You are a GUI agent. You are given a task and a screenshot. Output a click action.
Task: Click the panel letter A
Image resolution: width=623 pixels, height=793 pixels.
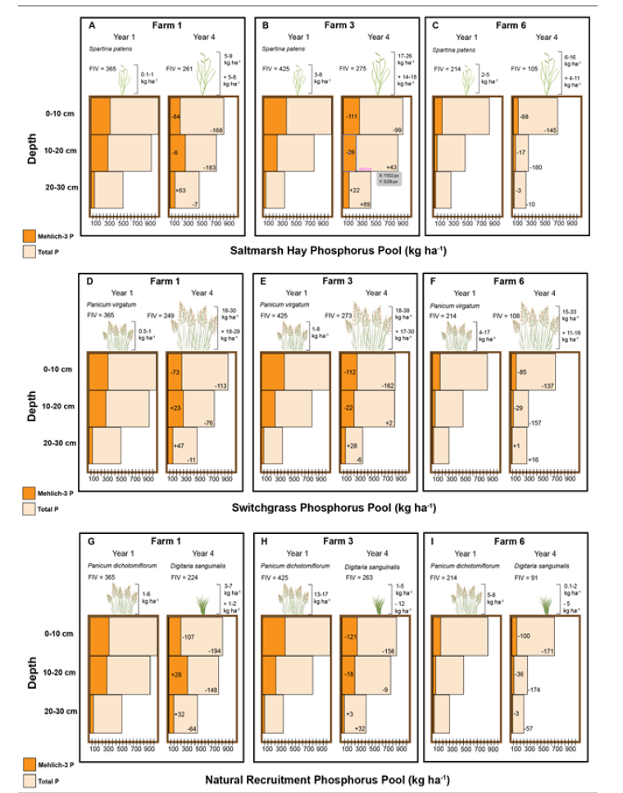[93, 26]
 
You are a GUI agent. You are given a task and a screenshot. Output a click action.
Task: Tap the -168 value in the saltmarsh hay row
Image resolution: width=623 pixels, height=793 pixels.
[216, 130]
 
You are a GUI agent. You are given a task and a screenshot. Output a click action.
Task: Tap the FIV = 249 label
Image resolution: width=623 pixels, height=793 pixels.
[181, 316]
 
